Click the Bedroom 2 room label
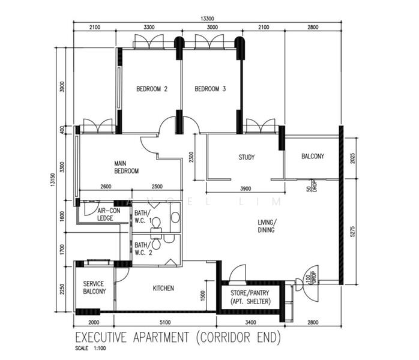pos(152,89)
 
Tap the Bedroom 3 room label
pos(210,89)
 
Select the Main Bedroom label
pos(127,167)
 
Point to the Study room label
pos(246,157)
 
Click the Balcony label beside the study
pos(313,156)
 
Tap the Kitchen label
pos(163,289)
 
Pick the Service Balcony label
pos(94,287)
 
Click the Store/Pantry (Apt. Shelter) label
pos(250,297)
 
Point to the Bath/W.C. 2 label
pos(143,248)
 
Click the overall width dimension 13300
pos(207,19)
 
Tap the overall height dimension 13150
pos(53,180)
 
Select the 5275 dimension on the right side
pos(352,232)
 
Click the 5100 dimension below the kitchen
pos(165,322)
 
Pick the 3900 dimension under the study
pos(246,189)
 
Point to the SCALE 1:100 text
pos(91,349)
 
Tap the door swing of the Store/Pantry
pos(238,272)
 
